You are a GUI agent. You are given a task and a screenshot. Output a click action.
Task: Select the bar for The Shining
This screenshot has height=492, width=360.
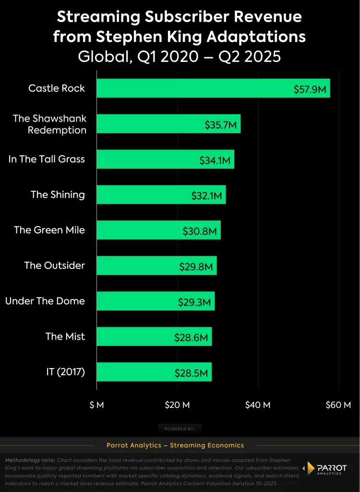click(x=161, y=195)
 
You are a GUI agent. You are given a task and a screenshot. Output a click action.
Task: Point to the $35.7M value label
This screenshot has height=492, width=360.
click(x=220, y=125)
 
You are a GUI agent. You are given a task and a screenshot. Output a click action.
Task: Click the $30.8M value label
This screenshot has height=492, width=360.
click(x=201, y=231)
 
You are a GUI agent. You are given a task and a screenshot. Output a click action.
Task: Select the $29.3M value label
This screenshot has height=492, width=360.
click(x=194, y=302)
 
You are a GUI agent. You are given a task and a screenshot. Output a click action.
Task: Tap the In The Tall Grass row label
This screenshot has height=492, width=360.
click(x=47, y=159)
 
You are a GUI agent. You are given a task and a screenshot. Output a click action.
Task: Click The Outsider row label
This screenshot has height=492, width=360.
click(x=54, y=265)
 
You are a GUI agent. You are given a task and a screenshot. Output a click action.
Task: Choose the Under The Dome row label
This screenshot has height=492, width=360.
click(x=45, y=301)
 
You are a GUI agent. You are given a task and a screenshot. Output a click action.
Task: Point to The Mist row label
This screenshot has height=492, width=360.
click(x=65, y=336)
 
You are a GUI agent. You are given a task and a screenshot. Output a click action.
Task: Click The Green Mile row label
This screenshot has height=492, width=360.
click(x=49, y=230)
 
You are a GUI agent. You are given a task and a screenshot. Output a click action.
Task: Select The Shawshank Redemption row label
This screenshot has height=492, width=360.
click(x=49, y=124)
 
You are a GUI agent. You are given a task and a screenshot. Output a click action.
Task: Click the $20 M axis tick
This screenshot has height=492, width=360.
click(x=177, y=405)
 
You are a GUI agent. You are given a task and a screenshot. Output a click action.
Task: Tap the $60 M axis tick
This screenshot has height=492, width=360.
click(x=338, y=405)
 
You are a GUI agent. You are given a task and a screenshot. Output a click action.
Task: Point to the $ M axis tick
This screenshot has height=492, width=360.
click(x=96, y=405)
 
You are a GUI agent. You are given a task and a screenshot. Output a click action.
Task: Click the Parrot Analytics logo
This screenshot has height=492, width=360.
click(x=327, y=469)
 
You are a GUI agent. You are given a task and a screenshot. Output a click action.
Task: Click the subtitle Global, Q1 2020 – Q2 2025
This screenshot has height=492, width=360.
click(x=180, y=56)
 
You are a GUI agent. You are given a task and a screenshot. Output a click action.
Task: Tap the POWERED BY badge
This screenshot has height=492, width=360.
click(x=180, y=429)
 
